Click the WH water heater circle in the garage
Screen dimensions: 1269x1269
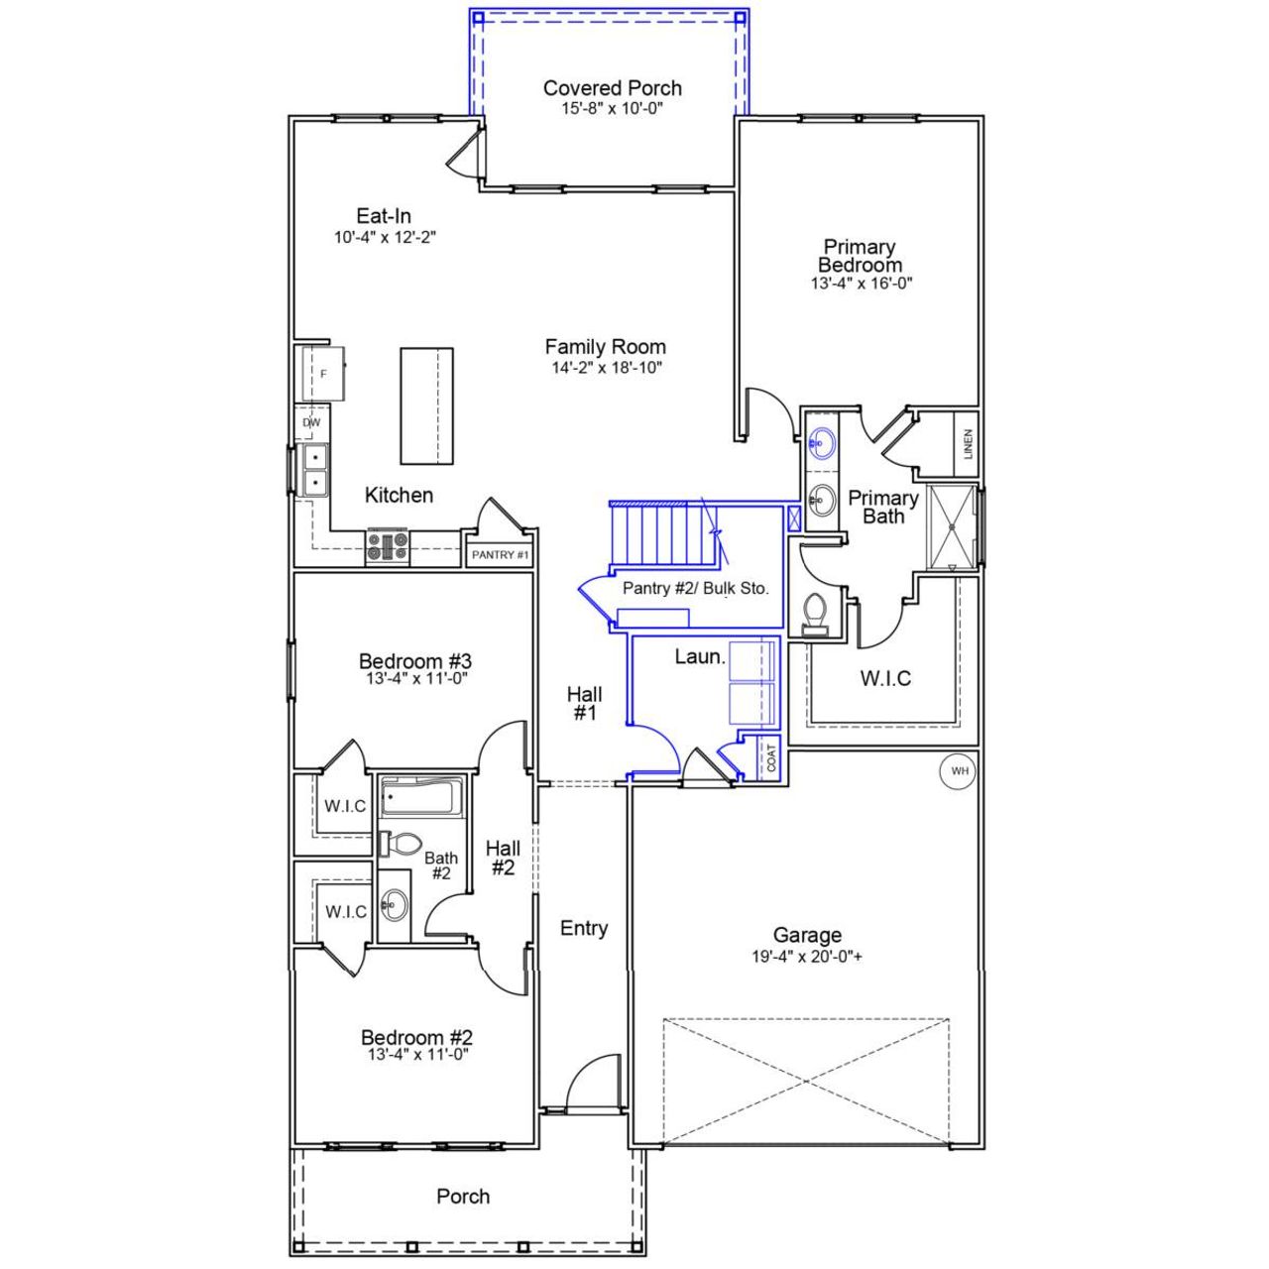point(958,770)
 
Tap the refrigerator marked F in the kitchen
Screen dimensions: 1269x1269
point(322,373)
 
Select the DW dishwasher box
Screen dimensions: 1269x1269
point(311,422)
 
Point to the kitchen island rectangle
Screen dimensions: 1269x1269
point(426,405)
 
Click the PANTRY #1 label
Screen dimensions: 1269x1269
point(500,555)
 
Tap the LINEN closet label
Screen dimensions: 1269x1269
point(968,443)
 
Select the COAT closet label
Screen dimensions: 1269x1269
point(771,757)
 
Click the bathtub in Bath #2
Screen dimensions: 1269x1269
point(421,796)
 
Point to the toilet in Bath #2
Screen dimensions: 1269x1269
point(401,845)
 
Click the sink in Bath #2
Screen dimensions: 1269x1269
point(395,904)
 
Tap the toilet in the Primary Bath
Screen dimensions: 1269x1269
point(815,612)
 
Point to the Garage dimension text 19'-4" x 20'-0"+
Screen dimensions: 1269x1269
point(807,958)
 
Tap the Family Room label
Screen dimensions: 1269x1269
point(605,347)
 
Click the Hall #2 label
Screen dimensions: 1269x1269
point(503,858)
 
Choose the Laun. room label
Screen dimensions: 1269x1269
point(700,656)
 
